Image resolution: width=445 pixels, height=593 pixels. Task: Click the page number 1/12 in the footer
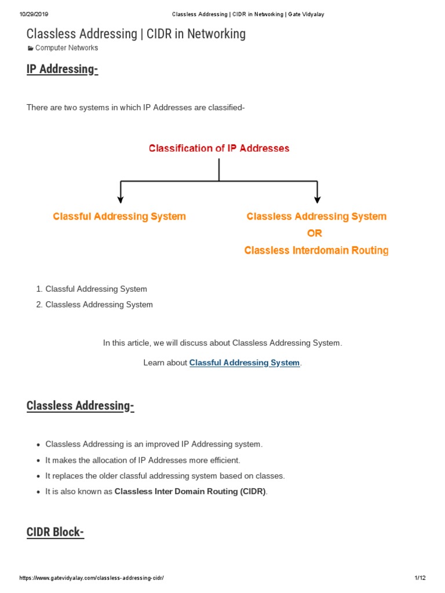420,578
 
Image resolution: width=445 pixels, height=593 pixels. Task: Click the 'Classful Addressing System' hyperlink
245,363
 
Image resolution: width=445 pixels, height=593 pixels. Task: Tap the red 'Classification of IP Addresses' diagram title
219,148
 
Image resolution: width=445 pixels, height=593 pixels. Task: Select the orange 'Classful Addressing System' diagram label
119,217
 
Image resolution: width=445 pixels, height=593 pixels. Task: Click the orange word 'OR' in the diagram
315,233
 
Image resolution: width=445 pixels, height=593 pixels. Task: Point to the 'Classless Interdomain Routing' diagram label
316,251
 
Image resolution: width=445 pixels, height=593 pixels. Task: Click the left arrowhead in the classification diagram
121,199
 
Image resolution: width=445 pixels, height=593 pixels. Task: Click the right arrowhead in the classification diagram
317,199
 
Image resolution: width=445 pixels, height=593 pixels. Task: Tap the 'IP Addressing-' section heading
63,69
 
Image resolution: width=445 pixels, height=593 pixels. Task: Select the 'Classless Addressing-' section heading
80,405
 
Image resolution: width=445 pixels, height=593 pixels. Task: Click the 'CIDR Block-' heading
55,532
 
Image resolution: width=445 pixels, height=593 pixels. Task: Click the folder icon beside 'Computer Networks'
31,48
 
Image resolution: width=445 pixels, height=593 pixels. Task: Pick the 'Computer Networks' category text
67,48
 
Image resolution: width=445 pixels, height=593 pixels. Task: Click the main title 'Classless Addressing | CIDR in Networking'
136,34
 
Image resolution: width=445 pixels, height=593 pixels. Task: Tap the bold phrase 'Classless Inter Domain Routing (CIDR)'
190,492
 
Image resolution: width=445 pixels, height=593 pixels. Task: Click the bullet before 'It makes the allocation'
38,460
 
